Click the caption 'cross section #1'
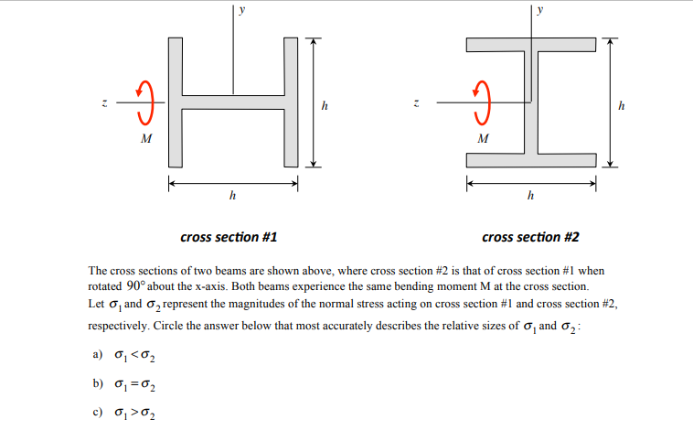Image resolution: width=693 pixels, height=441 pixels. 229,237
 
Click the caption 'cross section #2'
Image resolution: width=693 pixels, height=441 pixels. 530,237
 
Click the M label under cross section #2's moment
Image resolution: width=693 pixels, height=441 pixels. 484,140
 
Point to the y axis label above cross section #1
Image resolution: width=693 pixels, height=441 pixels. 242,11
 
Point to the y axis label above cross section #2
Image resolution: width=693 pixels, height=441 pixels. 541,11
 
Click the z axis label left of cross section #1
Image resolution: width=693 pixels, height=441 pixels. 104,102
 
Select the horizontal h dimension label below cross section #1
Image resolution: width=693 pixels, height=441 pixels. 232,195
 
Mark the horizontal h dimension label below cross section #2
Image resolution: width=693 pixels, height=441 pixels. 530,195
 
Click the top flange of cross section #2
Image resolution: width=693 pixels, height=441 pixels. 530,45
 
